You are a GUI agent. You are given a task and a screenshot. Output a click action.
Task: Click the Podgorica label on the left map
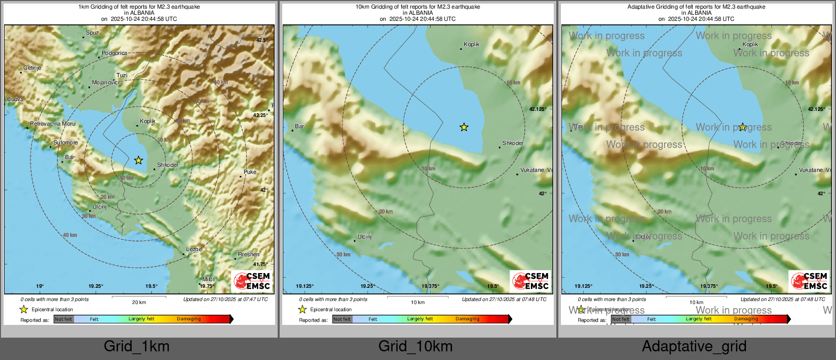(114, 53)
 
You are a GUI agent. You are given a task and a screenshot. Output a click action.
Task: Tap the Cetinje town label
(32, 68)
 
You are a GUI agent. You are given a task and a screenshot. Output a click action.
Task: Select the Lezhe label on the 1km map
(194, 249)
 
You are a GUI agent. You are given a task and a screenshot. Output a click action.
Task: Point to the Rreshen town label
(249, 254)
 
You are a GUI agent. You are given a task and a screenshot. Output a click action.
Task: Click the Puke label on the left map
(250, 172)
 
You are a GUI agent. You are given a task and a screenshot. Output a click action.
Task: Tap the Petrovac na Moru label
(52, 124)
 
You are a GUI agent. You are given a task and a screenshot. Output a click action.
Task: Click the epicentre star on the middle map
(464, 127)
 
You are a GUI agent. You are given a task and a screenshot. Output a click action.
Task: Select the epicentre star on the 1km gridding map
(138, 160)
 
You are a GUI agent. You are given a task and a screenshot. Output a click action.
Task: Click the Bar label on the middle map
(300, 126)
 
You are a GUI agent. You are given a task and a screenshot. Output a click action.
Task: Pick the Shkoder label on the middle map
(513, 143)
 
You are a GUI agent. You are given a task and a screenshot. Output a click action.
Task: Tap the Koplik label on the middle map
(471, 44)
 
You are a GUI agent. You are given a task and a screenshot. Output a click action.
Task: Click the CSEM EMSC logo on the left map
(252, 281)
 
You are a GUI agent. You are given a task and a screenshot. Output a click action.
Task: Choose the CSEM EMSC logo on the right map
(809, 281)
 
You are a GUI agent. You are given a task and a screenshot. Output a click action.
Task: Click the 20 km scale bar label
(139, 302)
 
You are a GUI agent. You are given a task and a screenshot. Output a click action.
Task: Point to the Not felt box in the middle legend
(342, 319)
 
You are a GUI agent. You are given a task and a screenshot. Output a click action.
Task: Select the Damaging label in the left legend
(189, 319)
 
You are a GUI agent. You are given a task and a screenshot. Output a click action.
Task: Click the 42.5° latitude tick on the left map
(261, 40)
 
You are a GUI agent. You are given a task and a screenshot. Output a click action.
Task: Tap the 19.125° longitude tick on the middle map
(305, 286)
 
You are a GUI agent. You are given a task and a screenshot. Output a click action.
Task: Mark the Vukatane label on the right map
(815, 170)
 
